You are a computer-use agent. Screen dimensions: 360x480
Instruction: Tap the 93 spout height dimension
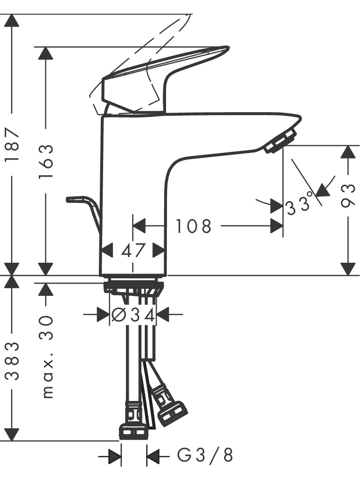[x=348, y=196]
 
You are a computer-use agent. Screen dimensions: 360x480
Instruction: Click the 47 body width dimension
[x=133, y=251]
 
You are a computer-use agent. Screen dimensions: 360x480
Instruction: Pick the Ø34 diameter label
[x=133, y=315]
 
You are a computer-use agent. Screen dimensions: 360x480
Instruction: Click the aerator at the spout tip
[x=281, y=140]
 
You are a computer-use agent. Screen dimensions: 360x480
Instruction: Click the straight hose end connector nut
[x=133, y=431]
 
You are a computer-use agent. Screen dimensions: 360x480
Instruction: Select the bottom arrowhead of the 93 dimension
[x=348, y=269]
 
